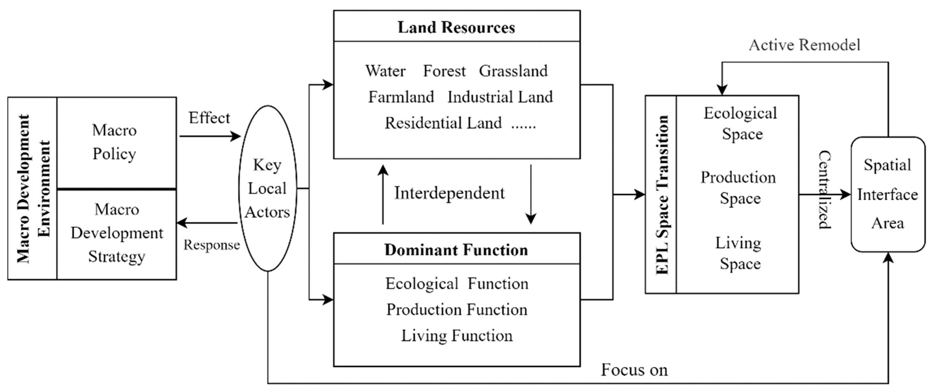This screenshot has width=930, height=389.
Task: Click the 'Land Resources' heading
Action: point(456,28)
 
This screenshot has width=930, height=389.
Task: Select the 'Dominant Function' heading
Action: point(456,250)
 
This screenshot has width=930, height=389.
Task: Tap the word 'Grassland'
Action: point(513,71)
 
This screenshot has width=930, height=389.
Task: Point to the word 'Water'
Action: point(385,71)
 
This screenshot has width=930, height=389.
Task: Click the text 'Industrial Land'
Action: point(500,97)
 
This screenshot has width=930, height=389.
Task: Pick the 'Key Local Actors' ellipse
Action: point(267,188)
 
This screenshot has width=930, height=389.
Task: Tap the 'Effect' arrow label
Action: point(209,118)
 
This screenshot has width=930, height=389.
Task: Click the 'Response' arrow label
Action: point(212,245)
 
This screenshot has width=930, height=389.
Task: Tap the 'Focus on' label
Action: point(634,370)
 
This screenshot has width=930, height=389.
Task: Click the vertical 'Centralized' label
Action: point(825,190)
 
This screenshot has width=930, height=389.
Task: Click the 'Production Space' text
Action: point(739,188)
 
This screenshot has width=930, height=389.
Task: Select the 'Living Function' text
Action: point(457,336)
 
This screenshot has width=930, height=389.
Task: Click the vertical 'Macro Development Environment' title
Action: point(33,188)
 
